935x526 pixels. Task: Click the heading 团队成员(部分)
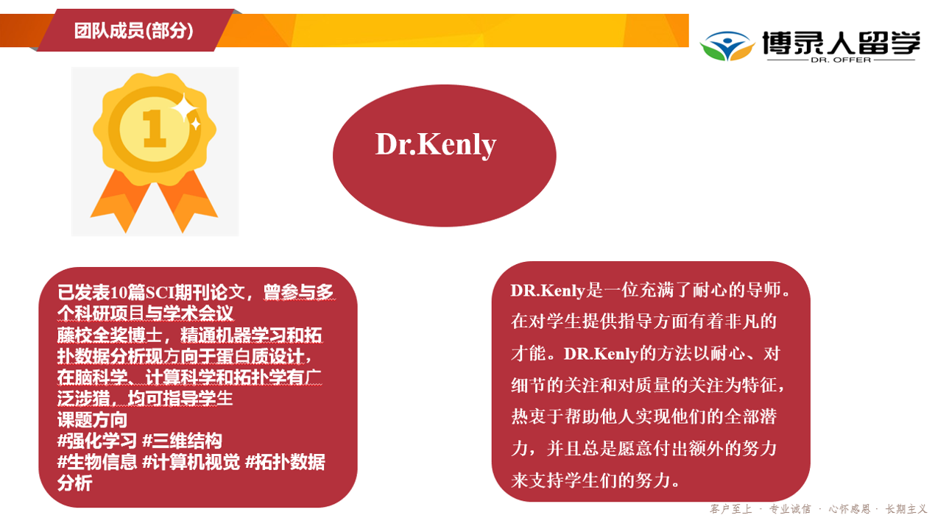(133, 31)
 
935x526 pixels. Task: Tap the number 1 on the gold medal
(155, 129)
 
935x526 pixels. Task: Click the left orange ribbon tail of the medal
(120, 200)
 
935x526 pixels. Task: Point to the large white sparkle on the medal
(185, 108)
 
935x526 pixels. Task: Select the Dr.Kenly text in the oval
(436, 145)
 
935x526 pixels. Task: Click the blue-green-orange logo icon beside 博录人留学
(727, 46)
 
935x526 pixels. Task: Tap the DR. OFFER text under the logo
(841, 60)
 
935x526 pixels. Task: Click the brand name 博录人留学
(841, 42)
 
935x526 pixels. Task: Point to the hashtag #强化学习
(97, 441)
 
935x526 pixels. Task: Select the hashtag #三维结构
(182, 441)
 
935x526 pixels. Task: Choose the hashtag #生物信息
(97, 462)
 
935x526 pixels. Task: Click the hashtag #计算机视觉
(191, 462)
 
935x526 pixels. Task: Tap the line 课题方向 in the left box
(92, 419)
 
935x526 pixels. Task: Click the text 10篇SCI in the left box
(141, 292)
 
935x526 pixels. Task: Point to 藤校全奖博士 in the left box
(110, 335)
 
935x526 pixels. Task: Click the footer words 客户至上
(730, 509)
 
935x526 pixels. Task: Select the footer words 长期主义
(906, 509)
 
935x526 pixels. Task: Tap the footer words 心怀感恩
(850, 509)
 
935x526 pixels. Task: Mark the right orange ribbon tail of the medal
(187, 201)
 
